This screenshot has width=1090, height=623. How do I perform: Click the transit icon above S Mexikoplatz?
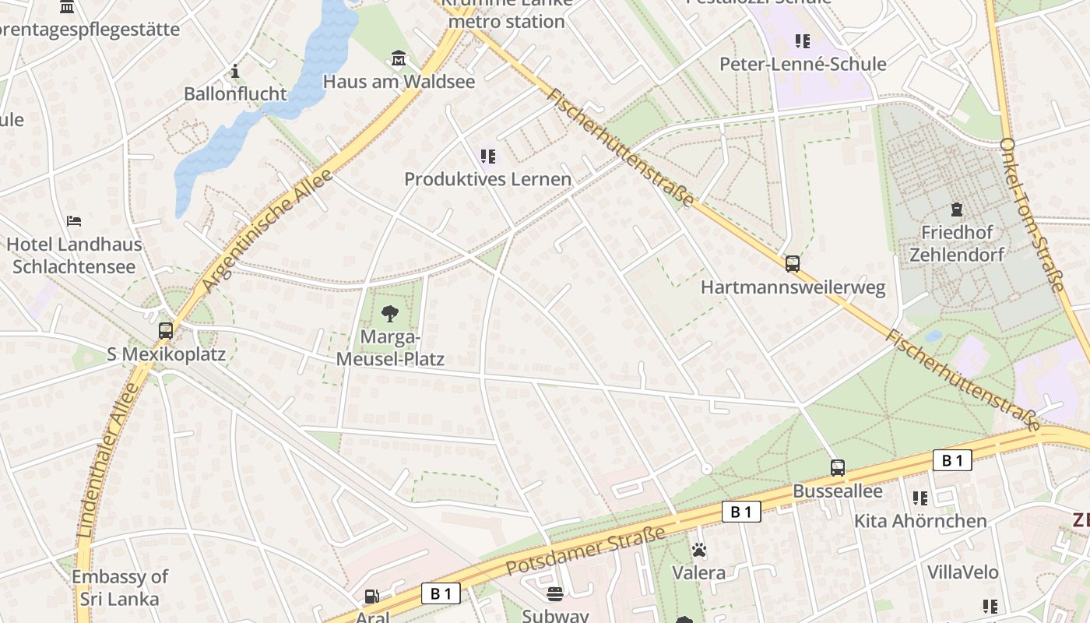click(166, 330)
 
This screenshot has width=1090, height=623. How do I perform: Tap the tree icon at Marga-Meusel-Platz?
click(390, 314)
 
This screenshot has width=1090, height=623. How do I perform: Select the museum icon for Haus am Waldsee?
click(399, 58)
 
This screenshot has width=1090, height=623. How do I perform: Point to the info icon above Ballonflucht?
click(235, 72)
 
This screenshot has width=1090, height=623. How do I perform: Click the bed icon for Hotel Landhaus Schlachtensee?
click(74, 221)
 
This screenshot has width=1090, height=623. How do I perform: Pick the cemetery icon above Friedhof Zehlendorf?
click(956, 209)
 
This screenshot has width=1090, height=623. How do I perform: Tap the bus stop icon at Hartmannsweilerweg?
click(793, 264)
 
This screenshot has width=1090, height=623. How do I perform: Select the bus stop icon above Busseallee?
click(838, 468)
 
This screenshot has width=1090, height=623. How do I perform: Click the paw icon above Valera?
click(699, 551)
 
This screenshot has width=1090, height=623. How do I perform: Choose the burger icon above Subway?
click(555, 594)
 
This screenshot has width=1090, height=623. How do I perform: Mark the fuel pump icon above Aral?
click(372, 597)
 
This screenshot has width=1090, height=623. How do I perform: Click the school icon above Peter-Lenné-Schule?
click(803, 40)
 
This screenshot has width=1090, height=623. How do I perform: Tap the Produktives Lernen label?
click(487, 179)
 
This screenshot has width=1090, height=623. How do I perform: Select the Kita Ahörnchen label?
click(920, 521)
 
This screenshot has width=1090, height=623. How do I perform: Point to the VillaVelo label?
click(962, 572)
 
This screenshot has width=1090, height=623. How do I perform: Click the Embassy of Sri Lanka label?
click(119, 588)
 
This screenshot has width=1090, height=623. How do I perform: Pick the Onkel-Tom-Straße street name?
click(1032, 216)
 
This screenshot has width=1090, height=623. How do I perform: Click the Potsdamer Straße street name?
click(585, 551)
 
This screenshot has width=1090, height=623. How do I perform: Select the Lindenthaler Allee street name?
click(107, 459)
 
